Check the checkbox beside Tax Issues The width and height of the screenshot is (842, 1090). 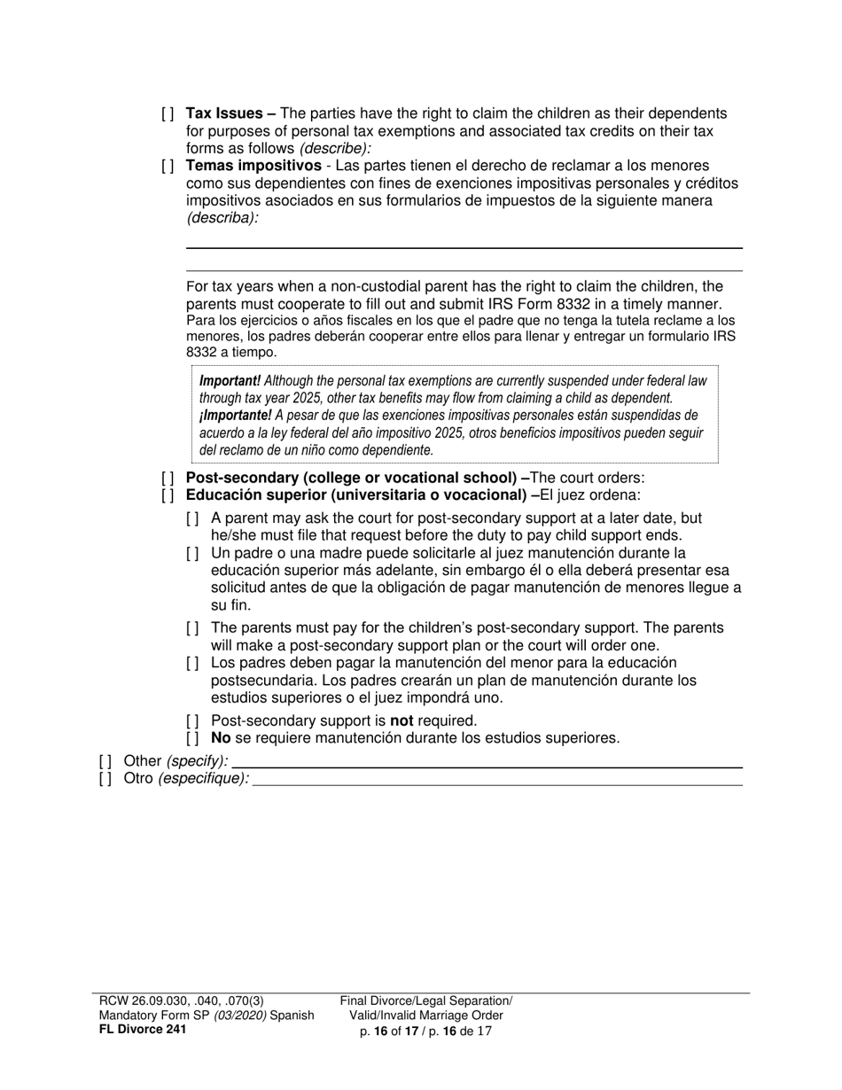[168, 114]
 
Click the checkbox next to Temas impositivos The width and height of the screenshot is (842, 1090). [168, 167]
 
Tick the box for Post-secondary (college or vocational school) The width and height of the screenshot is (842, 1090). [168, 479]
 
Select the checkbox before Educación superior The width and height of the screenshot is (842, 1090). [168, 495]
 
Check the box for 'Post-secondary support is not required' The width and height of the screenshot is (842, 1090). [193, 721]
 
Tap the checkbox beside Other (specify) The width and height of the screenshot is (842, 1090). [105, 760]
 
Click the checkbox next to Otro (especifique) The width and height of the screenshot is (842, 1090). [105, 778]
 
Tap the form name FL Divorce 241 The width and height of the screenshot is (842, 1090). [143, 1029]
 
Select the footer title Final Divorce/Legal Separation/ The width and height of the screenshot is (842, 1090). [426, 1000]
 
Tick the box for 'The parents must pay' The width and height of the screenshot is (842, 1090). [193, 629]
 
